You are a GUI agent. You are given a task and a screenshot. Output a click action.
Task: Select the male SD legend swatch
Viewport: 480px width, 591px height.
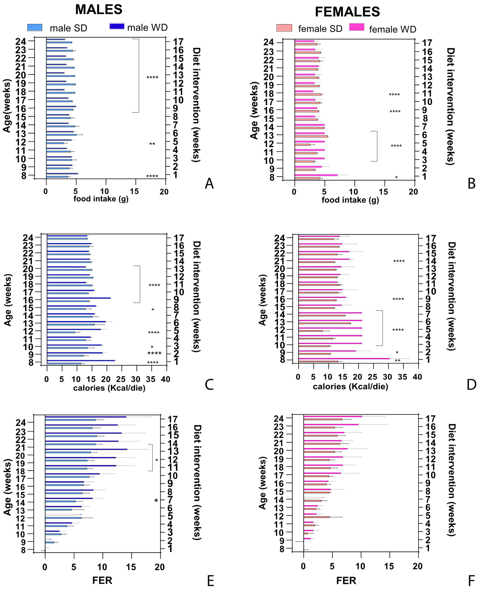coord(35,27)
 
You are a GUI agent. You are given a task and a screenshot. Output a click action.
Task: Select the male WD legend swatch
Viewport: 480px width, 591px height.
coord(117,26)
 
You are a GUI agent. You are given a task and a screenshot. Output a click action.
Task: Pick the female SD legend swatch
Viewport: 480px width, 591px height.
coord(284,28)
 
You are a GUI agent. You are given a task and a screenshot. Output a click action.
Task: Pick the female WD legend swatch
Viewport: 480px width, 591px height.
coord(357,27)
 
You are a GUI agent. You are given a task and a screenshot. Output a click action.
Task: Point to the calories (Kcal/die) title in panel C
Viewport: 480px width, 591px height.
coord(109,388)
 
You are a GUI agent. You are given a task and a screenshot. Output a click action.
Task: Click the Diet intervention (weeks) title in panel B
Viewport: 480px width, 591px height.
coord(451,107)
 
